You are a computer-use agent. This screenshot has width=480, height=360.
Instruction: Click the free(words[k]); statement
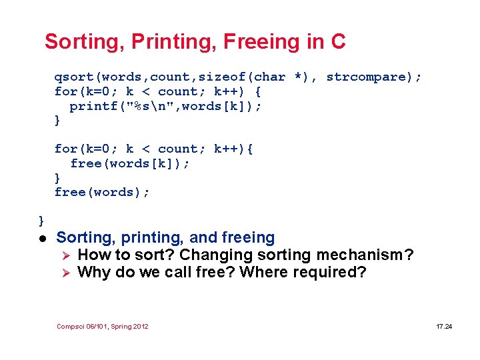tap(129, 163)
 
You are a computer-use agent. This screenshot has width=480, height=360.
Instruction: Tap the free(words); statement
tap(102, 192)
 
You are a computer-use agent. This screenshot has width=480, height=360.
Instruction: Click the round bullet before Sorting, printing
tap(41, 239)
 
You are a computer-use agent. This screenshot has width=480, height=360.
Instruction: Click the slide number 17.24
tap(443, 327)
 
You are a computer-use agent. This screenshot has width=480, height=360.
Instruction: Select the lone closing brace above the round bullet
tap(41, 220)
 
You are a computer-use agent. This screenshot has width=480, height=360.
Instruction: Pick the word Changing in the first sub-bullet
tap(211, 255)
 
